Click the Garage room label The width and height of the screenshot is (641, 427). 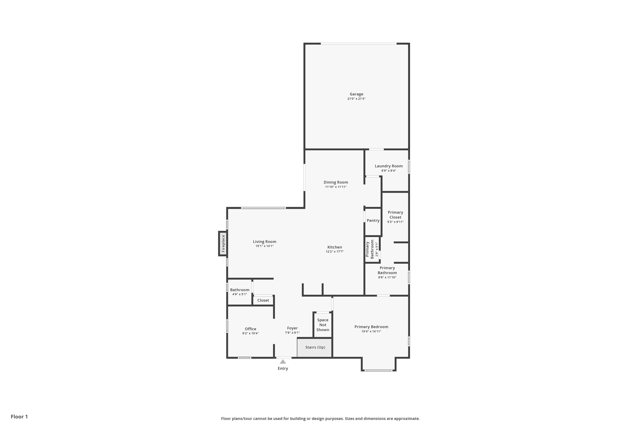(356, 94)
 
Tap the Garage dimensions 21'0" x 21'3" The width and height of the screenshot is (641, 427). (356, 99)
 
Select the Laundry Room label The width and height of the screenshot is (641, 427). (388, 166)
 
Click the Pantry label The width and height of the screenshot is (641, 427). (373, 221)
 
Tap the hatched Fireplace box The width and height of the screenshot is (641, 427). (223, 243)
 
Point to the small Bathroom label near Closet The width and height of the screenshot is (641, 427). (240, 290)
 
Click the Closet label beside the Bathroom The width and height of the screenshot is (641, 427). (263, 300)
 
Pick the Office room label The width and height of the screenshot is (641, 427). (250, 329)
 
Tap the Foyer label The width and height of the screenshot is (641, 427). (292, 328)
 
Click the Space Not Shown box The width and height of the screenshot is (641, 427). (323, 325)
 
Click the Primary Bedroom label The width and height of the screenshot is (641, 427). (371, 327)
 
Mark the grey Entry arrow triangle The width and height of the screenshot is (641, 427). (283, 362)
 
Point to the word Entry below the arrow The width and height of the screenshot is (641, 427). (283, 369)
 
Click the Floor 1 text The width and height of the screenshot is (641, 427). (19, 417)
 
